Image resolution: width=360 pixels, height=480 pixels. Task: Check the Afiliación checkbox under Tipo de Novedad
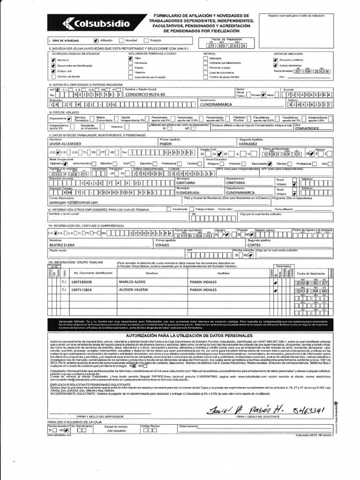coord(96,40)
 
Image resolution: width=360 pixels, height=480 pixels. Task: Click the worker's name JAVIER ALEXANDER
coord(66,145)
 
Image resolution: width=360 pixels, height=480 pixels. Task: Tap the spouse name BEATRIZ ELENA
coord(62,245)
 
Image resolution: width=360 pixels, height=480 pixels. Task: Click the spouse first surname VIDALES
coord(163,245)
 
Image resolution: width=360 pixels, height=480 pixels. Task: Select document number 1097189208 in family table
coord(85,282)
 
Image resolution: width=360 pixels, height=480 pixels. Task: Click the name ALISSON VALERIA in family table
coord(133,290)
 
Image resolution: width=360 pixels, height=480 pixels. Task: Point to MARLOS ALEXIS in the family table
coord(131,282)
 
